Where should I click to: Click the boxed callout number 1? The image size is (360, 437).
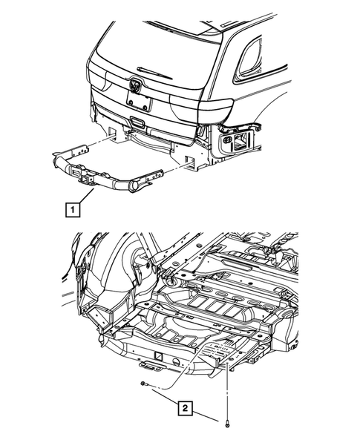coord(72,211)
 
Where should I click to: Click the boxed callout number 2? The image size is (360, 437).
coord(185,407)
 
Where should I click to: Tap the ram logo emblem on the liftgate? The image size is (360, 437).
coord(136,85)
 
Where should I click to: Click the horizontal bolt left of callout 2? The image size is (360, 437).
coord(145,384)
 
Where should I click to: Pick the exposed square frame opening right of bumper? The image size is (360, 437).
coord(242,139)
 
